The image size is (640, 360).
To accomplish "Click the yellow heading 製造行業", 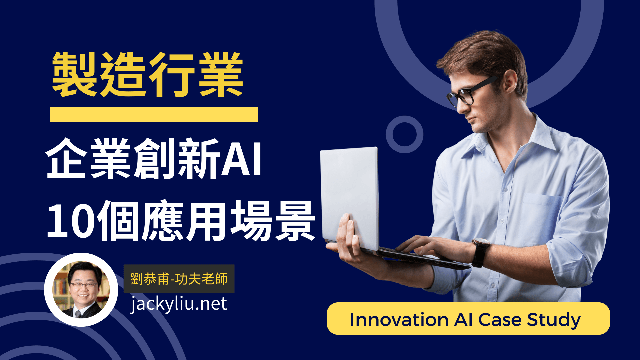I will (147, 75).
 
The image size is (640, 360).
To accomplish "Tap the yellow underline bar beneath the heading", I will (154, 114).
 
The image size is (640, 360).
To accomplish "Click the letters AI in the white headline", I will (241, 159).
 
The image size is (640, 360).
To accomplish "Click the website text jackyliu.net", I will (179, 304).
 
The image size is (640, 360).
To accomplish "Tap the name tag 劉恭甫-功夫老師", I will (179, 279).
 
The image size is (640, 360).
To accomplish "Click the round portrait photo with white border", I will (81, 290).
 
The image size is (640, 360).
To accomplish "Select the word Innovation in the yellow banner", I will (399, 320).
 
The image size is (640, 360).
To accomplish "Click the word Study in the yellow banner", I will (554, 320).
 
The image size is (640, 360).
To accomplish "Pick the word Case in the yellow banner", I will (500, 320).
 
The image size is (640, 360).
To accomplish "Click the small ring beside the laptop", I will (404, 134).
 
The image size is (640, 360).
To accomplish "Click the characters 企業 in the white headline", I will (88, 159).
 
